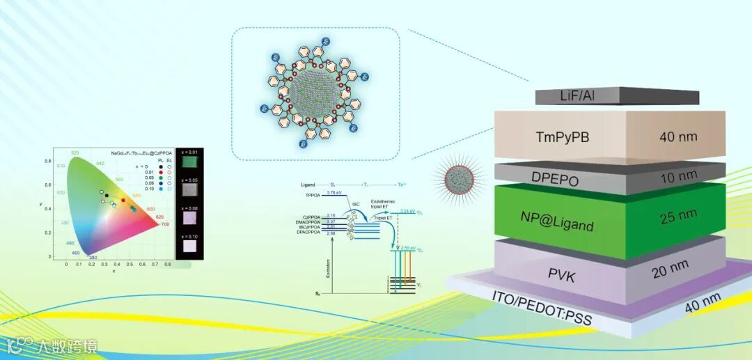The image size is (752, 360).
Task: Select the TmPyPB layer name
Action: (x=565, y=137)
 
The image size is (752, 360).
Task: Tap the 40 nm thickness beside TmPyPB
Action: (x=677, y=138)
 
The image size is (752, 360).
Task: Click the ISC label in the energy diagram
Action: (x=356, y=204)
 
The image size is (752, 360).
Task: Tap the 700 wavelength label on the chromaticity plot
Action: (x=164, y=225)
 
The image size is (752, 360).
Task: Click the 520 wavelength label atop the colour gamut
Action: (x=75, y=152)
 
